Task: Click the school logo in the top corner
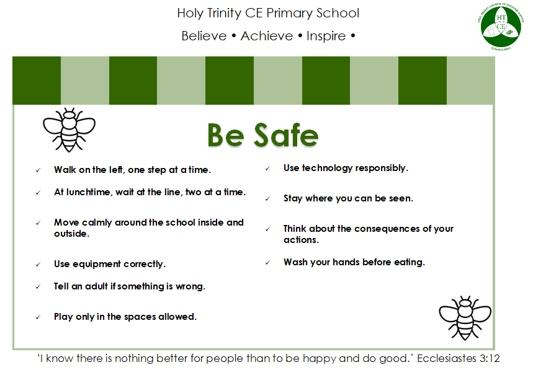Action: (x=500, y=26)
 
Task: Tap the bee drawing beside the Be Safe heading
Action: (x=69, y=130)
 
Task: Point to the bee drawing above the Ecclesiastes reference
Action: (x=465, y=318)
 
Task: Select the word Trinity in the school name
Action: (x=224, y=13)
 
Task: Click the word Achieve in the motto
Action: (x=267, y=36)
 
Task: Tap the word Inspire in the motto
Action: (x=326, y=37)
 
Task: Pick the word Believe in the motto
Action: (x=204, y=36)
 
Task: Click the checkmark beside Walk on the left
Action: (x=38, y=170)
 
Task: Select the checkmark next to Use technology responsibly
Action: (x=268, y=168)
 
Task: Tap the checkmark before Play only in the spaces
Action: (x=38, y=317)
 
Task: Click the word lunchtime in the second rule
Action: (x=88, y=192)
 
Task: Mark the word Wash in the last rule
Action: (x=295, y=262)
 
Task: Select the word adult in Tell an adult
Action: (x=97, y=286)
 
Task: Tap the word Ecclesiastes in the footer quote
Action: (x=447, y=358)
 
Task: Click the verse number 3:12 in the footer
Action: (x=490, y=358)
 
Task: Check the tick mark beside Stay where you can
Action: (x=268, y=198)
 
